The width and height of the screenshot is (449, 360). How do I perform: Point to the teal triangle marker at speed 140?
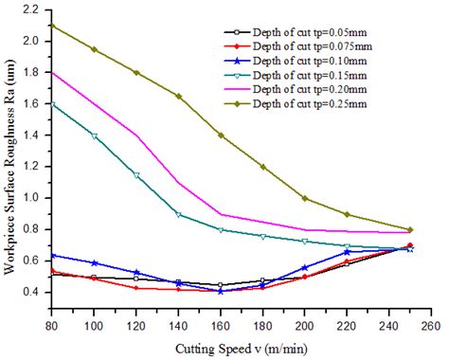179,214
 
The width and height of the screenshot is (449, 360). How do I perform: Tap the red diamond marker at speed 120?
136,287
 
